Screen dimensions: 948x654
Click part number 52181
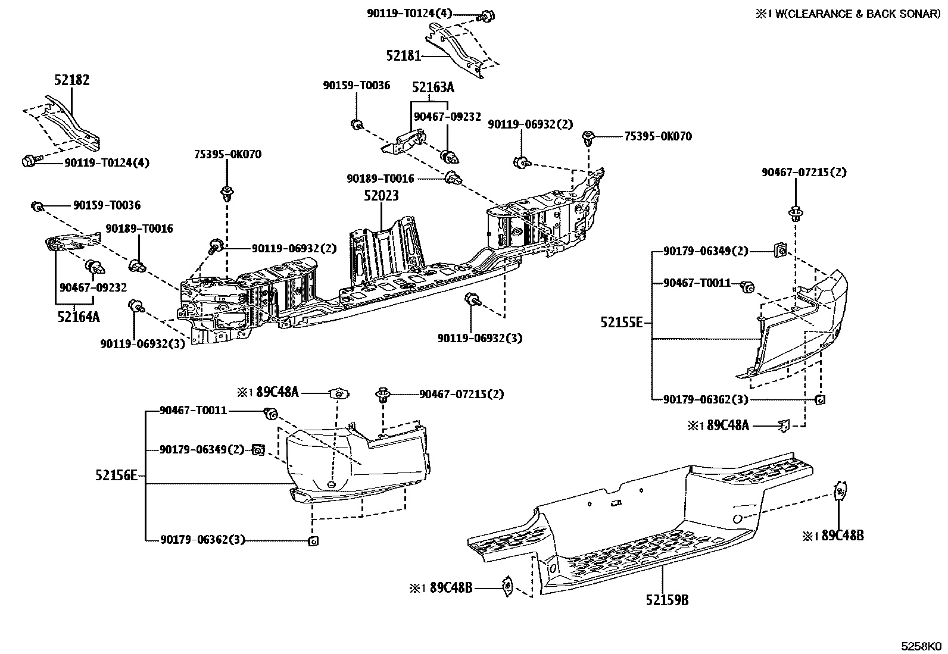(x=404, y=55)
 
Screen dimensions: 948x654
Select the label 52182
(x=72, y=80)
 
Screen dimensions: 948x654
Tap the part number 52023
(x=382, y=195)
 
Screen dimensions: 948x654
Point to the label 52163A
(x=433, y=87)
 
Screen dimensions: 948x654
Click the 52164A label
(x=79, y=317)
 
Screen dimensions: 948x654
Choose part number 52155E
(x=621, y=323)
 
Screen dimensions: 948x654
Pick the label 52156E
(x=116, y=475)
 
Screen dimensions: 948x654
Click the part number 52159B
(x=667, y=600)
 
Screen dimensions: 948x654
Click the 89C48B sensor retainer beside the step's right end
(x=840, y=491)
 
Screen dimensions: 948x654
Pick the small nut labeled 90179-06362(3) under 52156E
(x=313, y=540)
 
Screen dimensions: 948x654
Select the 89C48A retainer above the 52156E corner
(x=339, y=394)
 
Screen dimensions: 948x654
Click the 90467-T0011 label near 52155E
(x=697, y=283)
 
